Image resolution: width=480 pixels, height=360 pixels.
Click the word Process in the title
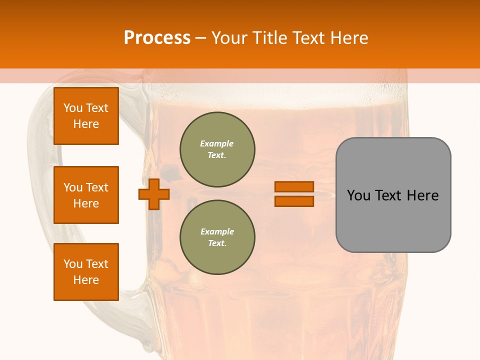point(157,38)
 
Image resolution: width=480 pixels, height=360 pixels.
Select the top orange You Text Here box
point(86,116)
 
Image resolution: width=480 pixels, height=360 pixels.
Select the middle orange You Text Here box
point(86,195)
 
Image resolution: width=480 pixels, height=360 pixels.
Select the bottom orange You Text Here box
point(86,272)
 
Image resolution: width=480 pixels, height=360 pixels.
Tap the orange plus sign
point(154,194)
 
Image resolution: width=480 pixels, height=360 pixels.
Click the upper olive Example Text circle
point(217,149)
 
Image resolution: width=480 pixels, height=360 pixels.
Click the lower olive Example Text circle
point(217,237)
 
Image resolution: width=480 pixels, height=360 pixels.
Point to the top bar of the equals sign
point(294,187)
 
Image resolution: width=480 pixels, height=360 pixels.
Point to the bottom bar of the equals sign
point(294,201)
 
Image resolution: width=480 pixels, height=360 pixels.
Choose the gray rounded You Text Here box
point(393,195)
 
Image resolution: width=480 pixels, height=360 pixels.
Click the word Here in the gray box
point(422,195)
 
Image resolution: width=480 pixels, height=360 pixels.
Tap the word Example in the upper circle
point(217,143)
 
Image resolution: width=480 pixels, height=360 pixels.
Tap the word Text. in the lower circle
point(217,243)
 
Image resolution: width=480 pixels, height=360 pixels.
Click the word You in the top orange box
point(73,108)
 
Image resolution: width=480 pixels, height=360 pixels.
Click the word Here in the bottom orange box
point(86,280)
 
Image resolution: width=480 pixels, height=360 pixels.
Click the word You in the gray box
point(359,195)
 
